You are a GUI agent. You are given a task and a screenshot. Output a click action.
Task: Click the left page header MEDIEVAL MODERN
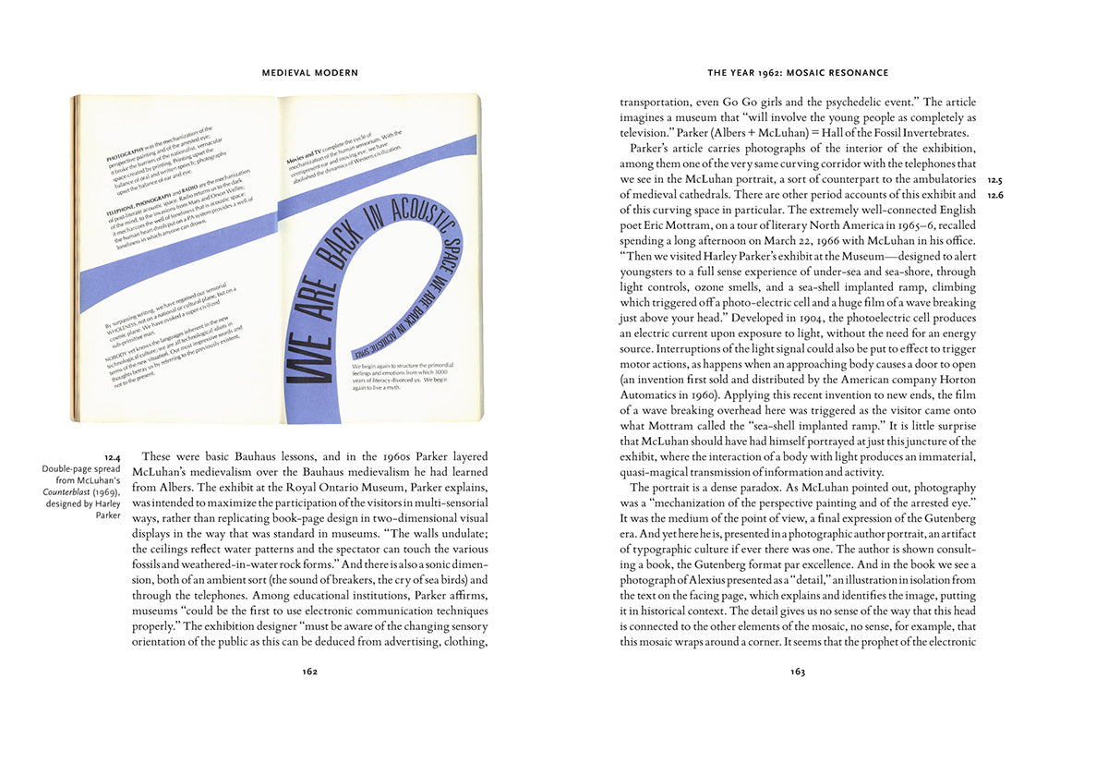[310, 72]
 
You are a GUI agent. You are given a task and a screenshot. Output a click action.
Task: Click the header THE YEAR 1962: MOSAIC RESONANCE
[798, 72]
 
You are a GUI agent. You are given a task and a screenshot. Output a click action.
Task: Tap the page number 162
[310, 672]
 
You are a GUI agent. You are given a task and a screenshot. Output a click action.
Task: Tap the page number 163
[798, 672]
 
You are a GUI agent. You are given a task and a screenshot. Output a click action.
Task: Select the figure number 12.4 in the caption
[113, 457]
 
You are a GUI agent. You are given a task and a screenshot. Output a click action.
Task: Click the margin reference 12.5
[994, 180]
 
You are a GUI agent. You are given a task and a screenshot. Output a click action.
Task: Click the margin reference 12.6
[994, 196]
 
